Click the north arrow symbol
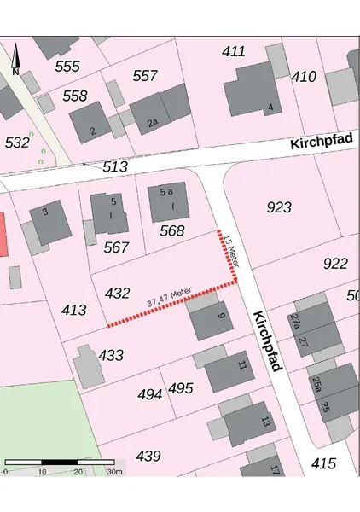click(x=15, y=58)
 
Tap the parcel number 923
click(x=279, y=207)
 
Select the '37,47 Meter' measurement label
click(x=168, y=298)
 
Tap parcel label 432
click(x=118, y=293)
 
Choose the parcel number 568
click(x=171, y=230)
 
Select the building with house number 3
click(x=49, y=222)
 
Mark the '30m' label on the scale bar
click(x=113, y=472)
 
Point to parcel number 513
click(x=115, y=167)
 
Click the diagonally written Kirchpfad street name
click(x=267, y=340)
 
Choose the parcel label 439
click(x=148, y=457)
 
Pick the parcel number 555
click(x=67, y=67)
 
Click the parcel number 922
click(x=335, y=264)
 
